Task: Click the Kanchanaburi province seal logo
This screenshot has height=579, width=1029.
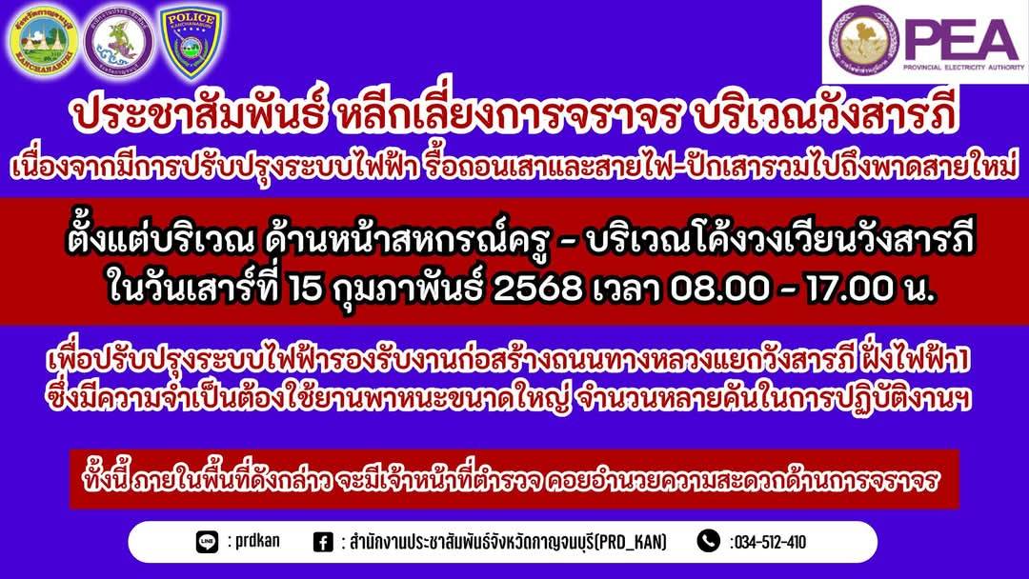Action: pyautogui.click(x=44, y=41)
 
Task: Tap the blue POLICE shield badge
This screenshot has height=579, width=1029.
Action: pyautogui.click(x=192, y=42)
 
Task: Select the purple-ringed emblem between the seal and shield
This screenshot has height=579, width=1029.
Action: pyautogui.click(x=119, y=42)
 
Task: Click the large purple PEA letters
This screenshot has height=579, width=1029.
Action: pyautogui.click(x=961, y=40)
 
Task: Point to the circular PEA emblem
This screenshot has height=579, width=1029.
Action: pyautogui.click(x=863, y=39)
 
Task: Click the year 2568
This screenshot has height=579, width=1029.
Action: pyautogui.click(x=536, y=288)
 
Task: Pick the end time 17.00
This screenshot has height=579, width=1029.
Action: pyautogui.click(x=849, y=288)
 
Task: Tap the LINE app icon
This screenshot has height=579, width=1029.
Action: pyautogui.click(x=208, y=542)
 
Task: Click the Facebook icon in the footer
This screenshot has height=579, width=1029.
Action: pyautogui.click(x=323, y=542)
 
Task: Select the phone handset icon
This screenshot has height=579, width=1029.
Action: pyautogui.click(x=709, y=541)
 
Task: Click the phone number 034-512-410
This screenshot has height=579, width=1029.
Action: pyautogui.click(x=768, y=542)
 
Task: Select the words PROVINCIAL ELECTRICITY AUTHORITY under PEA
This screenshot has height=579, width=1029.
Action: pyautogui.click(x=963, y=67)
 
